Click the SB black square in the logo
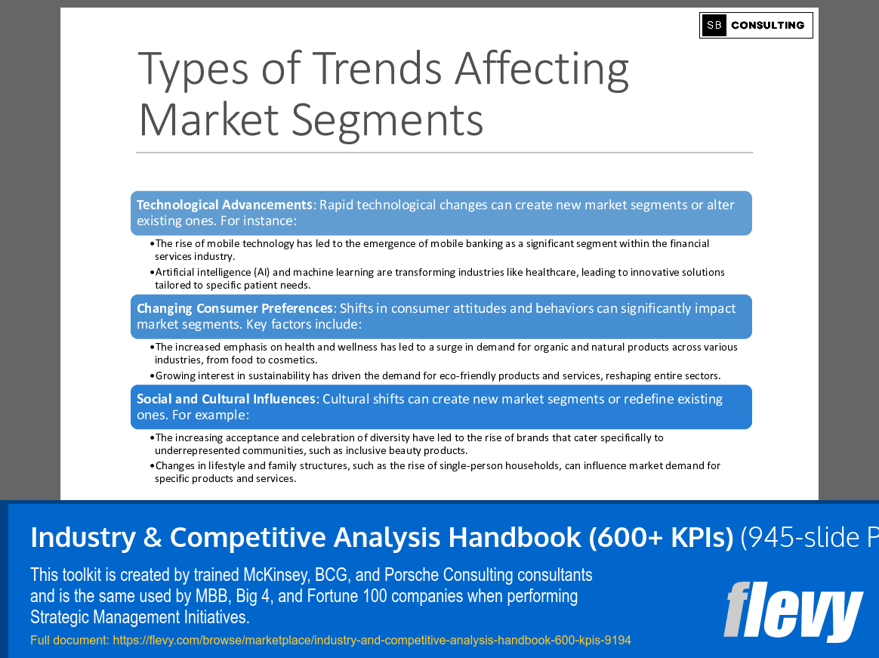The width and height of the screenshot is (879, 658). pos(714,25)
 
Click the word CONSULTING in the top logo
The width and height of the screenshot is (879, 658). pos(767,25)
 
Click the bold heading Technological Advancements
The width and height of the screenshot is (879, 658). pos(224,205)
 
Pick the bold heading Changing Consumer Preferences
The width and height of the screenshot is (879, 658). pos(235,308)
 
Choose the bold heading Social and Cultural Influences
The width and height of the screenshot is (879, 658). pos(226,399)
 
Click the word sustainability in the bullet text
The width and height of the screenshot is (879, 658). pos(279,375)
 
